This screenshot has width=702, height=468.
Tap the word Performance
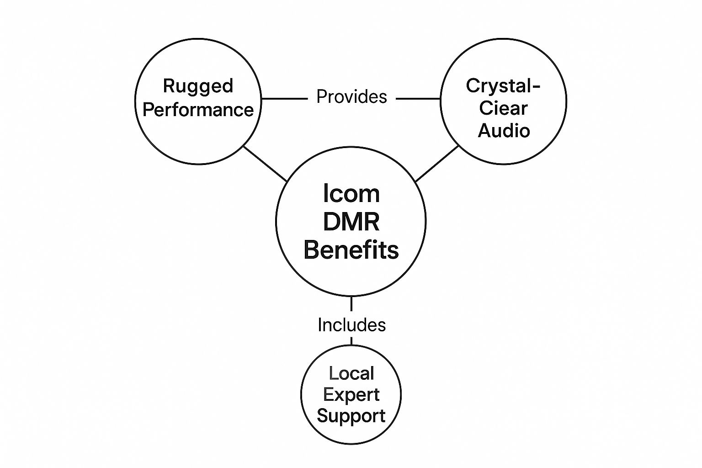tap(198, 110)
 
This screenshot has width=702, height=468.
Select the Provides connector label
tap(351, 97)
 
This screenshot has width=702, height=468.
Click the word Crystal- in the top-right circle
tap(503, 86)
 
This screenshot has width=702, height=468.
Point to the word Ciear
tap(503, 108)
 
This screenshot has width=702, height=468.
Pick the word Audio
tap(504, 131)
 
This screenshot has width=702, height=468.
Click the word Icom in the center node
tap(351, 194)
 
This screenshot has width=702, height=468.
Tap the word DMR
tap(351, 222)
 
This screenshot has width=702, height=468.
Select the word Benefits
tap(351, 250)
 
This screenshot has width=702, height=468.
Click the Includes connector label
tap(351, 325)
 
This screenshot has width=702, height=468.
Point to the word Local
tap(351, 374)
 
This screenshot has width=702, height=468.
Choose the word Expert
tap(351, 395)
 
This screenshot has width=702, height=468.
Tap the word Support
tap(351, 416)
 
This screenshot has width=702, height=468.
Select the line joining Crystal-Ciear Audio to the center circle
tap(437, 163)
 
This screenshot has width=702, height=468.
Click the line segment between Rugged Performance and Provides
tap(284, 98)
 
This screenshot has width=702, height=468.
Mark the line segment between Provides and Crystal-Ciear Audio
tap(418, 98)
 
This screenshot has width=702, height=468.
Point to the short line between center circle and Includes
tap(351, 304)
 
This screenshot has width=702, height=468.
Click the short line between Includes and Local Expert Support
tap(351, 341)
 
